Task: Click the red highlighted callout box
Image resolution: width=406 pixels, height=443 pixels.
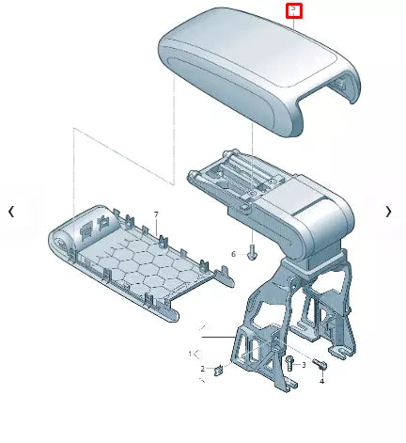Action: point(294,10)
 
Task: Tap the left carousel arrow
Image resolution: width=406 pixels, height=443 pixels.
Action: point(11,212)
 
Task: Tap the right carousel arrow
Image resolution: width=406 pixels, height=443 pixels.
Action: point(388,212)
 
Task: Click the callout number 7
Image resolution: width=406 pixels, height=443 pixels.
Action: point(156,216)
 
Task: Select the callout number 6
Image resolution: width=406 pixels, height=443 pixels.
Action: point(234,254)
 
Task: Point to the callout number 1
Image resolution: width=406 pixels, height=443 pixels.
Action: point(190,354)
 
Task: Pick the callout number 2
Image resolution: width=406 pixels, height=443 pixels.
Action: point(201,369)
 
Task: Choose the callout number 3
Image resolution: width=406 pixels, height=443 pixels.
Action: point(304,364)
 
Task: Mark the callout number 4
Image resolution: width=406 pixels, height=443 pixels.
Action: point(320,381)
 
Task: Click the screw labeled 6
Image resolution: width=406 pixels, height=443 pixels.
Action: point(252,252)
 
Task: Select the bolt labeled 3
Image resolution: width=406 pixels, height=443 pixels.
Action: point(290,363)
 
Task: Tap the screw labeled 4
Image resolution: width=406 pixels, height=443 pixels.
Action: point(320,365)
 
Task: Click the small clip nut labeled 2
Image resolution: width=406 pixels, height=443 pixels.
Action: point(218,370)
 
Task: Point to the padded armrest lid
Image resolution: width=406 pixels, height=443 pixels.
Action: point(244,66)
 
